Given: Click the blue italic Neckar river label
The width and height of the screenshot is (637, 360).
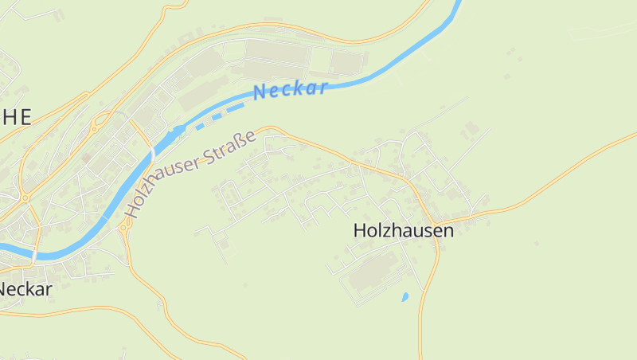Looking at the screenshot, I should point(290,90).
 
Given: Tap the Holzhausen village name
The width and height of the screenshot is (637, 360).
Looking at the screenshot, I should point(403,231).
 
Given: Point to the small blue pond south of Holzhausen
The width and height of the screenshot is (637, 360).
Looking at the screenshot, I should point(405,297).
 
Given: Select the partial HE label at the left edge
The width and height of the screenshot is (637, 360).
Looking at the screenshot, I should point(16,118).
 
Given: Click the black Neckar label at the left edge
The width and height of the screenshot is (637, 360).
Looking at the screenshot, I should point(25,289).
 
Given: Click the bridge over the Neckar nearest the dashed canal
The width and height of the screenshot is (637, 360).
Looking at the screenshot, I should point(152,151).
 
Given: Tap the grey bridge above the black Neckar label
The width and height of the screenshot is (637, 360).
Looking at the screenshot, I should point(35,253).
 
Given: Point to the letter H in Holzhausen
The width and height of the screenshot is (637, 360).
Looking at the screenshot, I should point(360,231).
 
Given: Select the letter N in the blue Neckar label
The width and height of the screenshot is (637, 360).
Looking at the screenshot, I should point(259,93).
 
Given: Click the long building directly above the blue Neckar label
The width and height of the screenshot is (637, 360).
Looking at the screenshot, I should point(276,53).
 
